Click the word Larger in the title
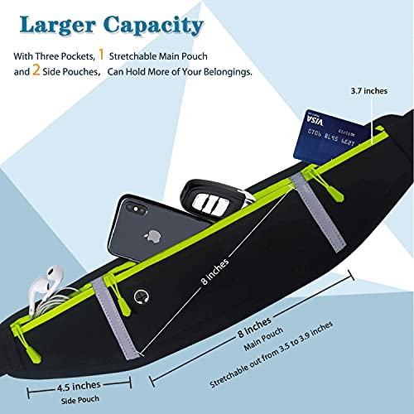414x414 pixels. coord(58,26)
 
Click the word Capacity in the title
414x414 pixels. coord(154,26)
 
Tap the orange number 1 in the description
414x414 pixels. coord(101,55)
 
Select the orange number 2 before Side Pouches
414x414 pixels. coord(36,70)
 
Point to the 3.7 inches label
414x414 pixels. coord(369,91)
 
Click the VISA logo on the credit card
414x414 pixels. coord(315,121)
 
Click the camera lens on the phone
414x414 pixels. coord(136,209)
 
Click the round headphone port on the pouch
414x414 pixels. coord(142,297)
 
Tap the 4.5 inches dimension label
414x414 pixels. coord(79,387)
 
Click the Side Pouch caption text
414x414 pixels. coord(79,400)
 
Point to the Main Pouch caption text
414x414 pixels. coord(263,339)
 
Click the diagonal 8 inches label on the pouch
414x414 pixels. coord(215,272)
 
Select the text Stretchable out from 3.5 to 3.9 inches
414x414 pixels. coord(272,354)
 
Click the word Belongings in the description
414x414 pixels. coord(228,72)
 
